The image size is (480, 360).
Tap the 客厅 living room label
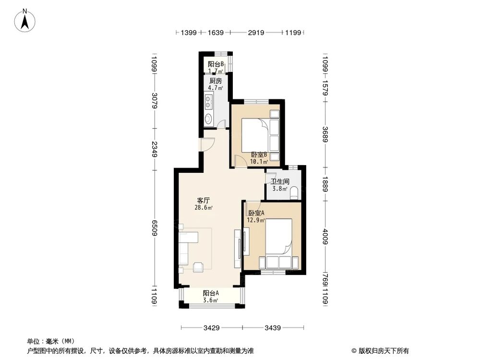point(203,200)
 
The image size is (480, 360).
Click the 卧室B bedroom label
point(259,155)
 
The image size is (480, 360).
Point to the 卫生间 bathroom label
point(279,182)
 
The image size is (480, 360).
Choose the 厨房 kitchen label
point(215,81)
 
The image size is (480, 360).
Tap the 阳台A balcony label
point(211,293)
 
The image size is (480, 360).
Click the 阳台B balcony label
point(216,64)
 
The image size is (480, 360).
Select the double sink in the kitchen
point(209,101)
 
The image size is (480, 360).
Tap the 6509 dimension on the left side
point(154,226)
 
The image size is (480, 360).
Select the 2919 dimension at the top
point(255,33)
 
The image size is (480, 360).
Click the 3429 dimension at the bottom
point(211,328)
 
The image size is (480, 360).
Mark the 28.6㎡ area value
point(204,208)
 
